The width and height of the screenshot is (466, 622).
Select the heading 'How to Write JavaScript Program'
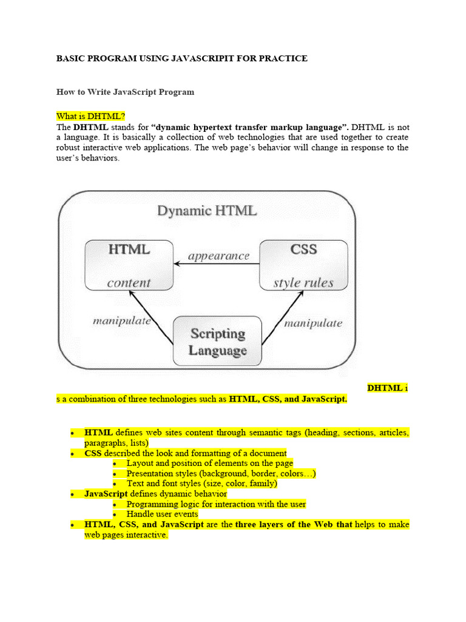point(125,92)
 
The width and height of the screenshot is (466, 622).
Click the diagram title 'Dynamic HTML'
point(207,211)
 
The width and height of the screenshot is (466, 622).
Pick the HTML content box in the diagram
point(129,265)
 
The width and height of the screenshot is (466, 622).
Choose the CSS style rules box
point(303,265)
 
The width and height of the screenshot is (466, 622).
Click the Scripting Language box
point(218,342)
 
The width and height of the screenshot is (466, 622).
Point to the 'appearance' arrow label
point(218,256)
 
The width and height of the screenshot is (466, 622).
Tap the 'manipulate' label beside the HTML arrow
point(122,321)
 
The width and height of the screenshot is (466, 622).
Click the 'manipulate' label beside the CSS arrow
point(313,323)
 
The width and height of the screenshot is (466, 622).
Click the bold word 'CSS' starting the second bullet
point(93,453)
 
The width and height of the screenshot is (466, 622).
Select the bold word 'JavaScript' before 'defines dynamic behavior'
point(106,494)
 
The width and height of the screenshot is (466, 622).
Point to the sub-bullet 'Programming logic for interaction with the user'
point(216,504)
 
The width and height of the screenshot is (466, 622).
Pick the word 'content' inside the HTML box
point(129,282)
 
